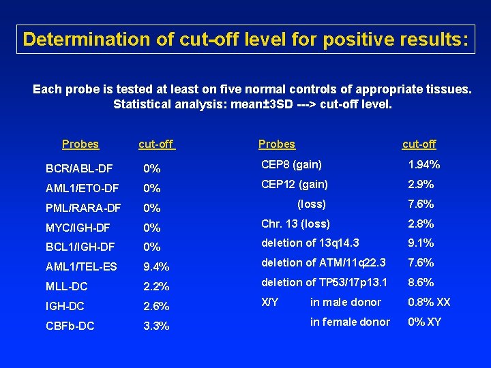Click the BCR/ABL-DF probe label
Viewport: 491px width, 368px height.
(x=78, y=168)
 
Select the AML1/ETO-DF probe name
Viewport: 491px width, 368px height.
(x=82, y=188)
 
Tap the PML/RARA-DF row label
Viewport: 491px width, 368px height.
(x=83, y=208)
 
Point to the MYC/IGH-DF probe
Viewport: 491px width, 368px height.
(x=78, y=228)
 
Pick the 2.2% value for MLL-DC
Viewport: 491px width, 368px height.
(x=156, y=287)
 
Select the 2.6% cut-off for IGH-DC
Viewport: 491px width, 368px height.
(x=156, y=307)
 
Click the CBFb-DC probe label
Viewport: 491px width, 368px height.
(x=70, y=326)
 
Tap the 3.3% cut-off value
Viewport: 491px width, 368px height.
(x=156, y=326)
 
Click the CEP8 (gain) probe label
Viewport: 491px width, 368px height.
(x=292, y=164)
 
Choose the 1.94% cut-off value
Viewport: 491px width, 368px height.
(x=423, y=164)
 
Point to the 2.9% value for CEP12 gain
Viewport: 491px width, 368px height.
(x=421, y=184)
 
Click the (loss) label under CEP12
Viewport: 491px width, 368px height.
(x=312, y=204)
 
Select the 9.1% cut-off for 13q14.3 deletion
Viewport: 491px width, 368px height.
(x=421, y=243)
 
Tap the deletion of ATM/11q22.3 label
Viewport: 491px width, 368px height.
(x=324, y=263)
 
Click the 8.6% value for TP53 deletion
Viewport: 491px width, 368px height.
(x=421, y=283)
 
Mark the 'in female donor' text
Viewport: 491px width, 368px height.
(x=350, y=322)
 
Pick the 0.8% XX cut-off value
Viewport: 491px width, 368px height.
(x=429, y=302)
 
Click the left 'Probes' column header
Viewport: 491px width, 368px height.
(x=80, y=144)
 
